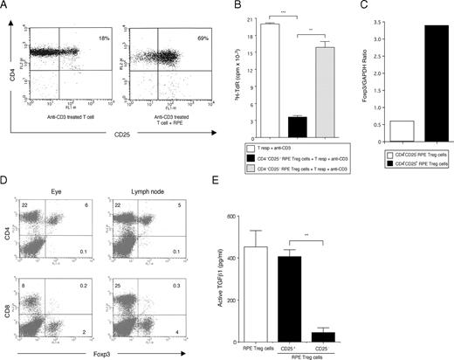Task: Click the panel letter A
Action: pyautogui.click(x=5, y=6)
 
